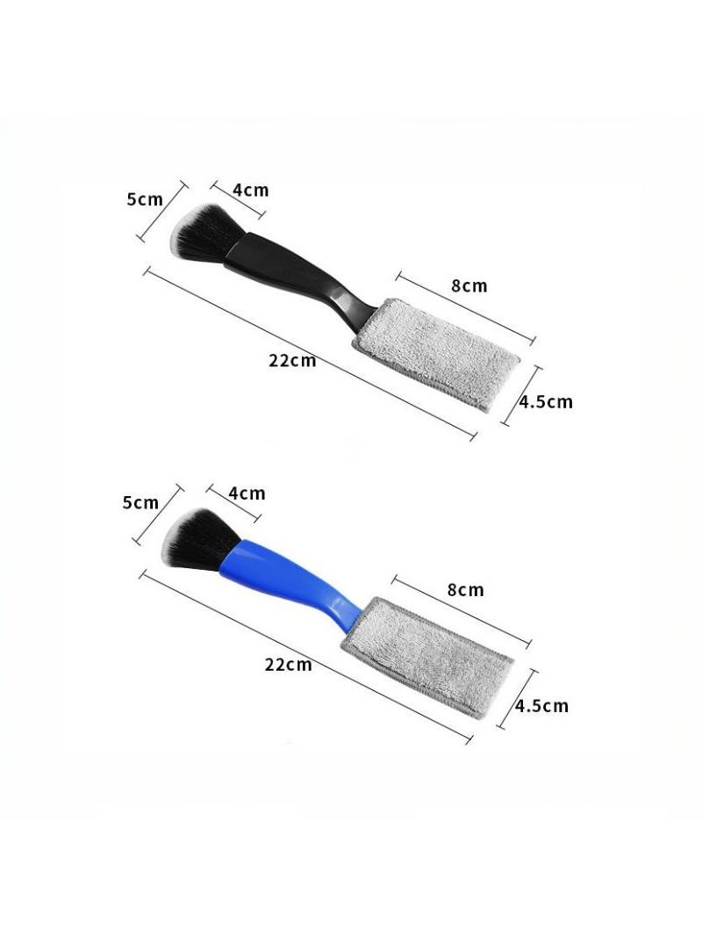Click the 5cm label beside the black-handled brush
tap(145, 199)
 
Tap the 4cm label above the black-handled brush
tap(250, 191)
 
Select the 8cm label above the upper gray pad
tap(469, 286)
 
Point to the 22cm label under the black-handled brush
tap(292, 361)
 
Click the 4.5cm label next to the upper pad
tap(545, 402)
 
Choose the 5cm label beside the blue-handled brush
tap(140, 502)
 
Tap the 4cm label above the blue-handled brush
tap(247, 493)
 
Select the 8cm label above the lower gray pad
tap(465, 590)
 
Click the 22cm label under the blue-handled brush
tap(289, 665)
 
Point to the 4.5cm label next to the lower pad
tap(541, 706)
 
